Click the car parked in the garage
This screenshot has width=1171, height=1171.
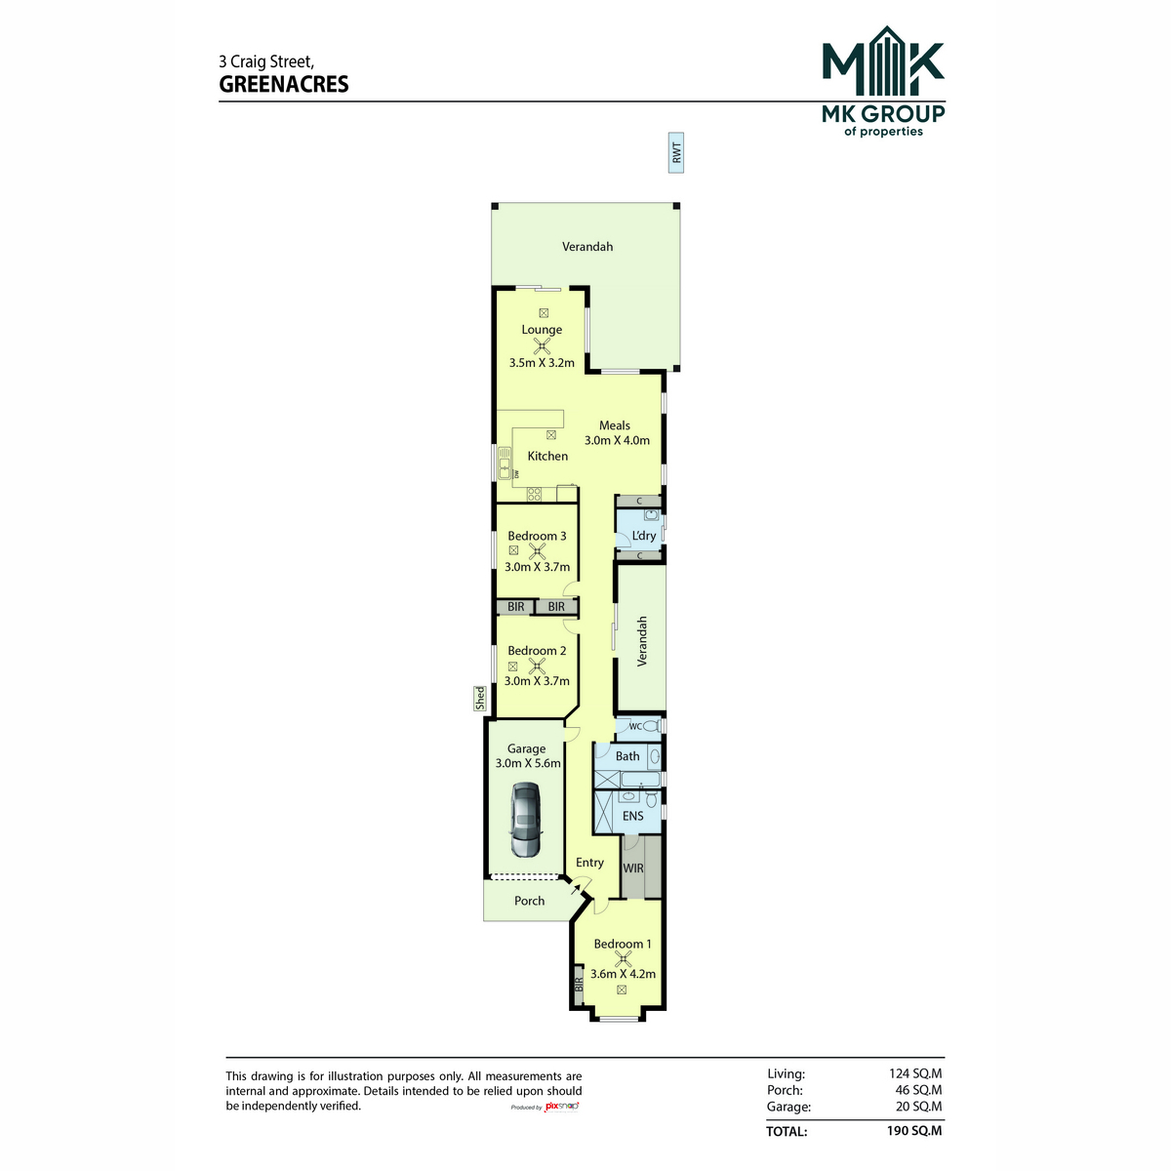tap(525, 820)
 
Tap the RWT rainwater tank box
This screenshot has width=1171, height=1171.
tap(675, 152)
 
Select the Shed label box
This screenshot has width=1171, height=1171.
tap(480, 699)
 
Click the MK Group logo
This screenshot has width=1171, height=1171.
tap(883, 81)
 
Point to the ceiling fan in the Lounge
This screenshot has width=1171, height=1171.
tap(542, 347)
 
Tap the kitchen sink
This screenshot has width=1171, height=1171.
tap(504, 464)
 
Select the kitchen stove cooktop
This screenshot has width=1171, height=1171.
tap(534, 494)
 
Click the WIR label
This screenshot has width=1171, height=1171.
tap(632, 868)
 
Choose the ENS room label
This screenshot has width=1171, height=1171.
tap(632, 816)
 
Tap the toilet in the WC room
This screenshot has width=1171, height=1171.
tap(650, 726)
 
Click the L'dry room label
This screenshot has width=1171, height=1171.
tap(643, 536)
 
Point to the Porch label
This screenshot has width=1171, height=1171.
tap(529, 901)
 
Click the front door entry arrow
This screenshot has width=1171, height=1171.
tap(575, 890)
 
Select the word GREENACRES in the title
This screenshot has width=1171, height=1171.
tap(284, 84)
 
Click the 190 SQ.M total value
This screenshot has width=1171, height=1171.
tap(914, 1130)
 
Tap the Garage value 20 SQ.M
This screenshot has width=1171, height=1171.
tap(918, 1106)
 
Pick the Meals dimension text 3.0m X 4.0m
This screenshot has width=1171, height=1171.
tap(617, 440)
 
